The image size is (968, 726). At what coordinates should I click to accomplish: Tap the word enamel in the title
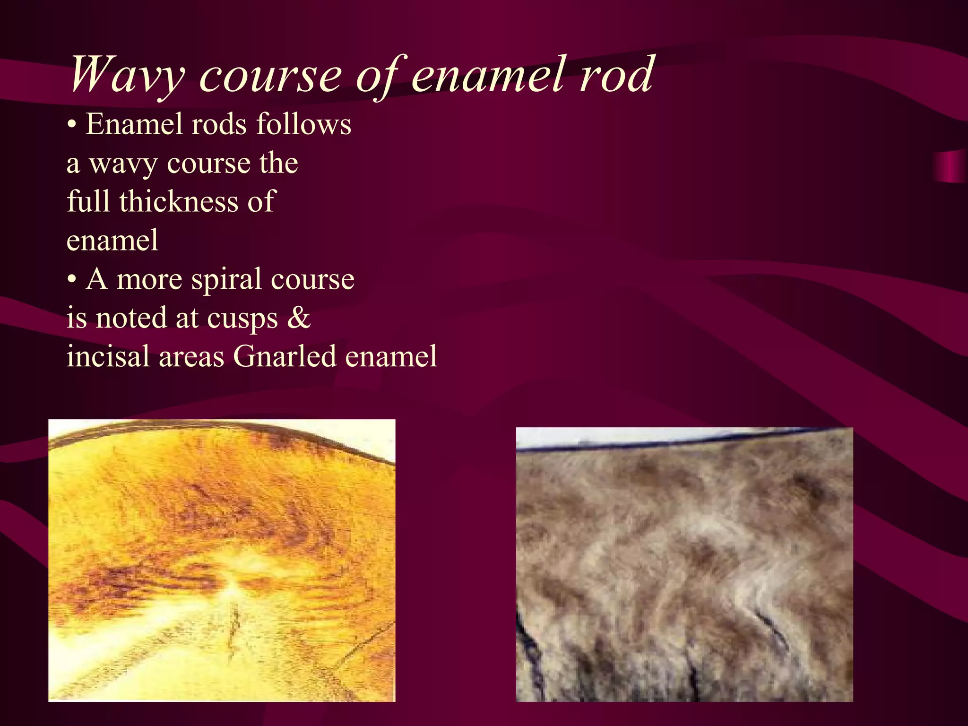coord(487,74)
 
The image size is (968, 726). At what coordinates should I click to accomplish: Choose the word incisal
coord(109,357)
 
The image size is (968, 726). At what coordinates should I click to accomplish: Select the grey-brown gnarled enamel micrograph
coord(684,565)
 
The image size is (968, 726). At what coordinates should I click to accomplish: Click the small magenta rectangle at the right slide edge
coord(950,167)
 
